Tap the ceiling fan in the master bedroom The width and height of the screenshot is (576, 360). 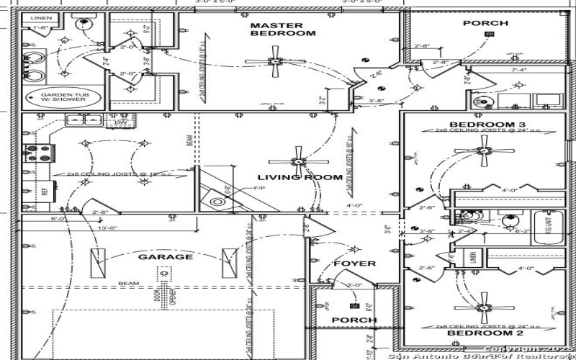[274, 60]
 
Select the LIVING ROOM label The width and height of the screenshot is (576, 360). [300, 177]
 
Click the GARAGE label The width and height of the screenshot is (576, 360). [166, 257]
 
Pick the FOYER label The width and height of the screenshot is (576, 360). [355, 264]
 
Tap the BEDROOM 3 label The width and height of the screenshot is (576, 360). [480, 123]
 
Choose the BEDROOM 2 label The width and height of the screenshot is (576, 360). [474, 334]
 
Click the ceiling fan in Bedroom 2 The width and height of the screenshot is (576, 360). [484, 306]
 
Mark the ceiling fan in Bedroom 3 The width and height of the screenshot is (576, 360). [484, 151]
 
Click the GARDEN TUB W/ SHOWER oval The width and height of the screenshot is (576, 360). [63, 97]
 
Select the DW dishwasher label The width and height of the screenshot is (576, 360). [120, 123]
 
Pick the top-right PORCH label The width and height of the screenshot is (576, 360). [485, 23]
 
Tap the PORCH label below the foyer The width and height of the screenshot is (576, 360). [354, 320]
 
